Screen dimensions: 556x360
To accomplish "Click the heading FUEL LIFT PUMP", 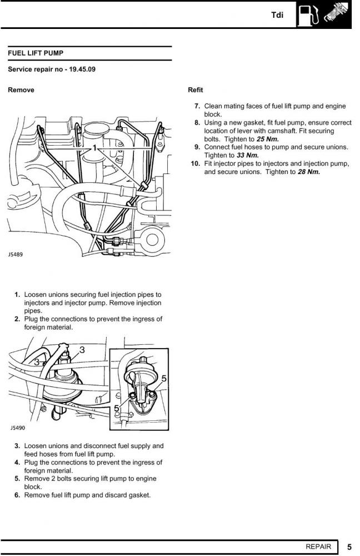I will point(36,53).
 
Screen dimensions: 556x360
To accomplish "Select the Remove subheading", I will point(21,90).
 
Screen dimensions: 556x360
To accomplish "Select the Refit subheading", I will point(196,90).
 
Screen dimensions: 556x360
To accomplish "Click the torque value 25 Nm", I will point(267,139).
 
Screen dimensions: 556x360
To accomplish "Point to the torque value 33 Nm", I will point(247,156).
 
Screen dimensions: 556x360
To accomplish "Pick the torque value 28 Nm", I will point(309,172).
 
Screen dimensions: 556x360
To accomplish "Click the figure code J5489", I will point(16,254).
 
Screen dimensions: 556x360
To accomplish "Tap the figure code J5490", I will point(17,428).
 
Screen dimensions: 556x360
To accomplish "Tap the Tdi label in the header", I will point(277,15).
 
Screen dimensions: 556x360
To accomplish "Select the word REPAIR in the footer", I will point(318,547).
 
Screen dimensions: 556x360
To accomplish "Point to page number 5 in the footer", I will point(349,547).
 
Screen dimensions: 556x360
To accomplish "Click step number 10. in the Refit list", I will point(195,164).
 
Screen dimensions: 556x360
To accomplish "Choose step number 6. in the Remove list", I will point(18,495).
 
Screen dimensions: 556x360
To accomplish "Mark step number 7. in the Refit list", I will point(197,106).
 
